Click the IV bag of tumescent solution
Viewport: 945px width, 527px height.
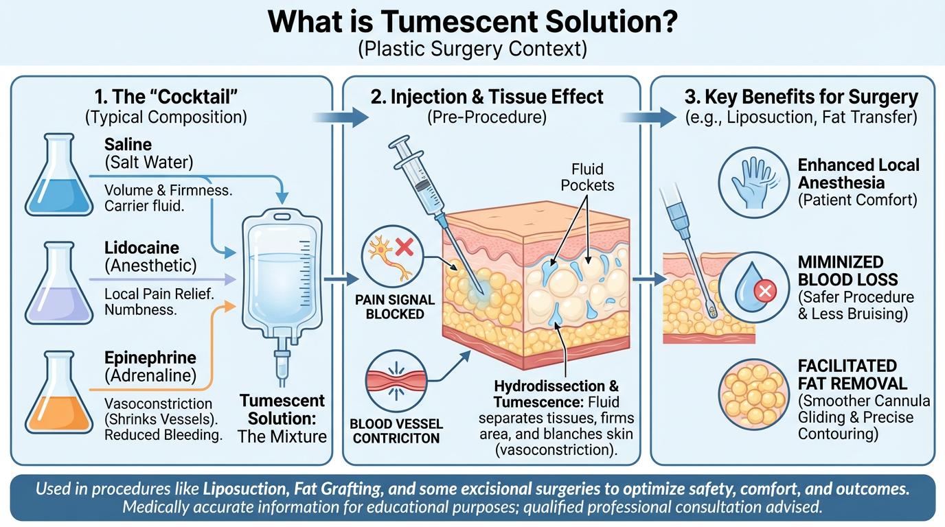(281, 274)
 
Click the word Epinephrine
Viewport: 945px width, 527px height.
(150, 358)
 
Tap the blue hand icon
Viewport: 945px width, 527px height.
(751, 181)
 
